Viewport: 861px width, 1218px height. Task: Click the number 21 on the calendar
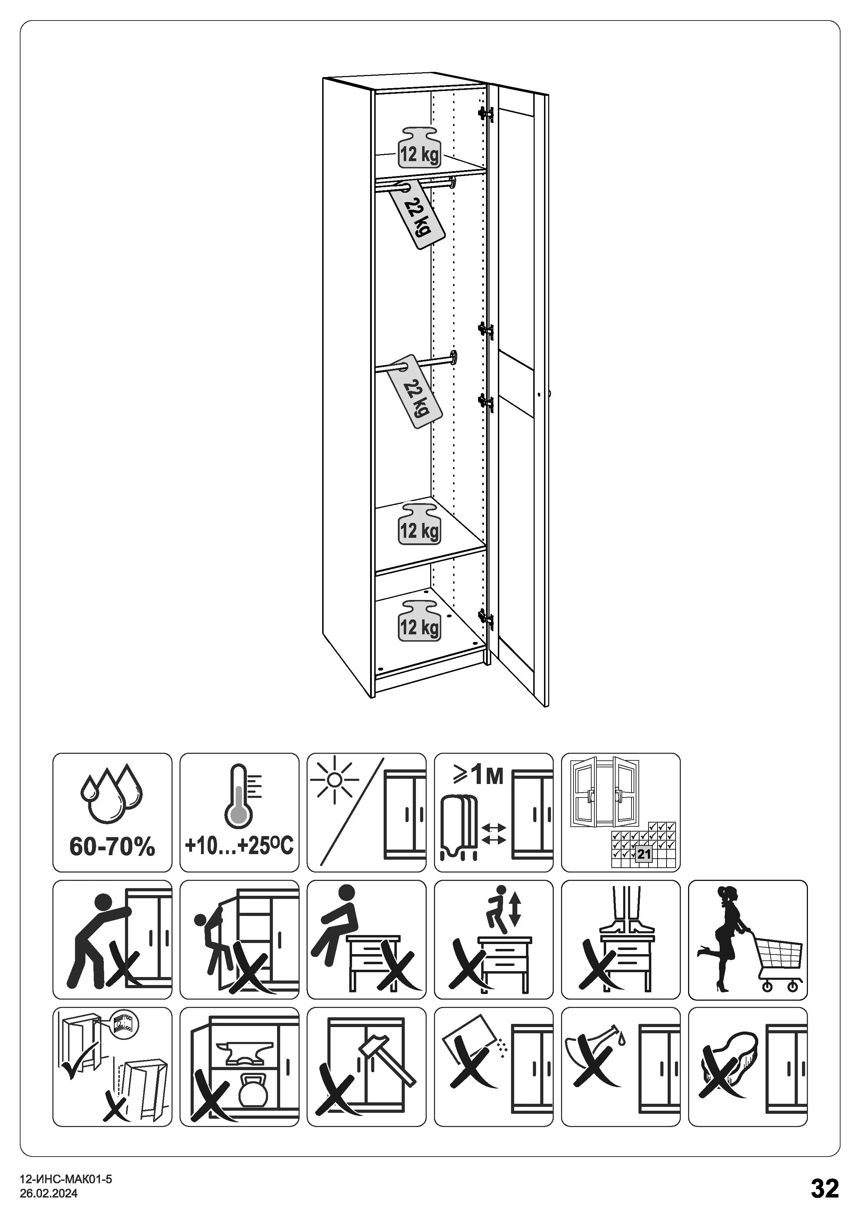(644, 854)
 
